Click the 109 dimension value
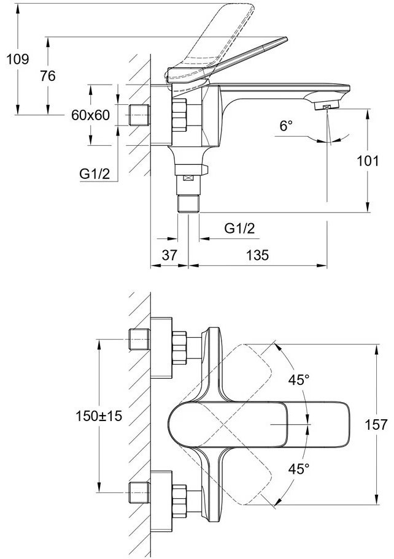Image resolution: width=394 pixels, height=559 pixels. pyautogui.click(x=17, y=59)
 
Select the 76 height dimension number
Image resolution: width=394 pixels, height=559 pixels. pyautogui.click(x=48, y=76)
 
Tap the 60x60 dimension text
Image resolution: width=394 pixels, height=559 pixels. pyautogui.click(x=91, y=115)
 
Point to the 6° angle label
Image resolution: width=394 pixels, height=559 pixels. pyautogui.click(x=286, y=126)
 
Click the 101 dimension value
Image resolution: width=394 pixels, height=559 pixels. pyautogui.click(x=368, y=161)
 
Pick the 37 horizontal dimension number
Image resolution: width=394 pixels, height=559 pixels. pyautogui.click(x=169, y=255)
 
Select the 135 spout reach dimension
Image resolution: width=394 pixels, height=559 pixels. pyautogui.click(x=257, y=255)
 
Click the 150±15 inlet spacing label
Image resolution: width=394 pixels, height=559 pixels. pyautogui.click(x=99, y=416)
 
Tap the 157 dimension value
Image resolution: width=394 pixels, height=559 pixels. pyautogui.click(x=376, y=424)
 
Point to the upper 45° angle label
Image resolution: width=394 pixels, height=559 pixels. pyautogui.click(x=299, y=380)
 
